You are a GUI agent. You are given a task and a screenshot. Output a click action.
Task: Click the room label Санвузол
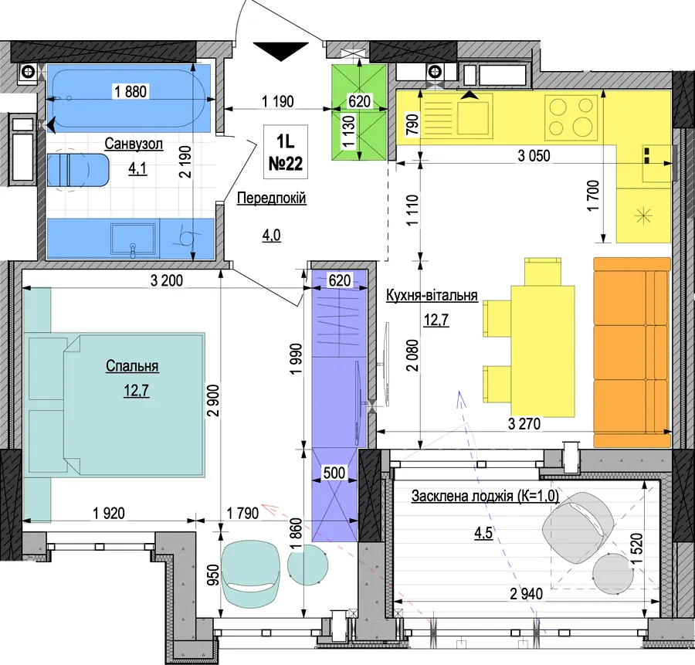(134, 144)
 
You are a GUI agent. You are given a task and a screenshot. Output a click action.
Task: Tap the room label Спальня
(132, 366)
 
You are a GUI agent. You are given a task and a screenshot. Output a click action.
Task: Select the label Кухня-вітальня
(432, 295)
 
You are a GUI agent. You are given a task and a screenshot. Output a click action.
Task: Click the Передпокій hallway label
(271, 198)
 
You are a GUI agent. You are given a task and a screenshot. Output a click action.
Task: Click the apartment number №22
(286, 164)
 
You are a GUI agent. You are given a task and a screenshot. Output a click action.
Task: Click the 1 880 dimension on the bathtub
(131, 91)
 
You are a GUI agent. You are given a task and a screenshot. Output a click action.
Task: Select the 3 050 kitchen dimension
(534, 155)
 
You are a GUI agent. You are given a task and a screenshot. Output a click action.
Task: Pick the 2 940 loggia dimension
(526, 593)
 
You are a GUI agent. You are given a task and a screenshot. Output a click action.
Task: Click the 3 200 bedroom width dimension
(167, 280)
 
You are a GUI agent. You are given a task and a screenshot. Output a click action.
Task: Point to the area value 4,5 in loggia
(483, 532)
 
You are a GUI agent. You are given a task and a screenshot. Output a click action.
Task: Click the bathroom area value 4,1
(137, 168)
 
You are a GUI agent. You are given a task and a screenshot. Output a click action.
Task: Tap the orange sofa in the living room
(632, 352)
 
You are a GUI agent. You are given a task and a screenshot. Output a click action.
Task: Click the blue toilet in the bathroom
(78, 170)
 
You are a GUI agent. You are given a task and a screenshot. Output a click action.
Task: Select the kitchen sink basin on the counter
(475, 117)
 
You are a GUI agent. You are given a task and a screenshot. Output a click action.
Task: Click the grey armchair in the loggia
(578, 528)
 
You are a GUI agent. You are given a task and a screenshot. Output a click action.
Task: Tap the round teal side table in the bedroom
(308, 565)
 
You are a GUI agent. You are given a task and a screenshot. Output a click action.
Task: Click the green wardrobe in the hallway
(359, 112)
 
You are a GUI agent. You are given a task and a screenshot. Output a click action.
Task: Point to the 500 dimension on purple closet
(334, 473)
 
